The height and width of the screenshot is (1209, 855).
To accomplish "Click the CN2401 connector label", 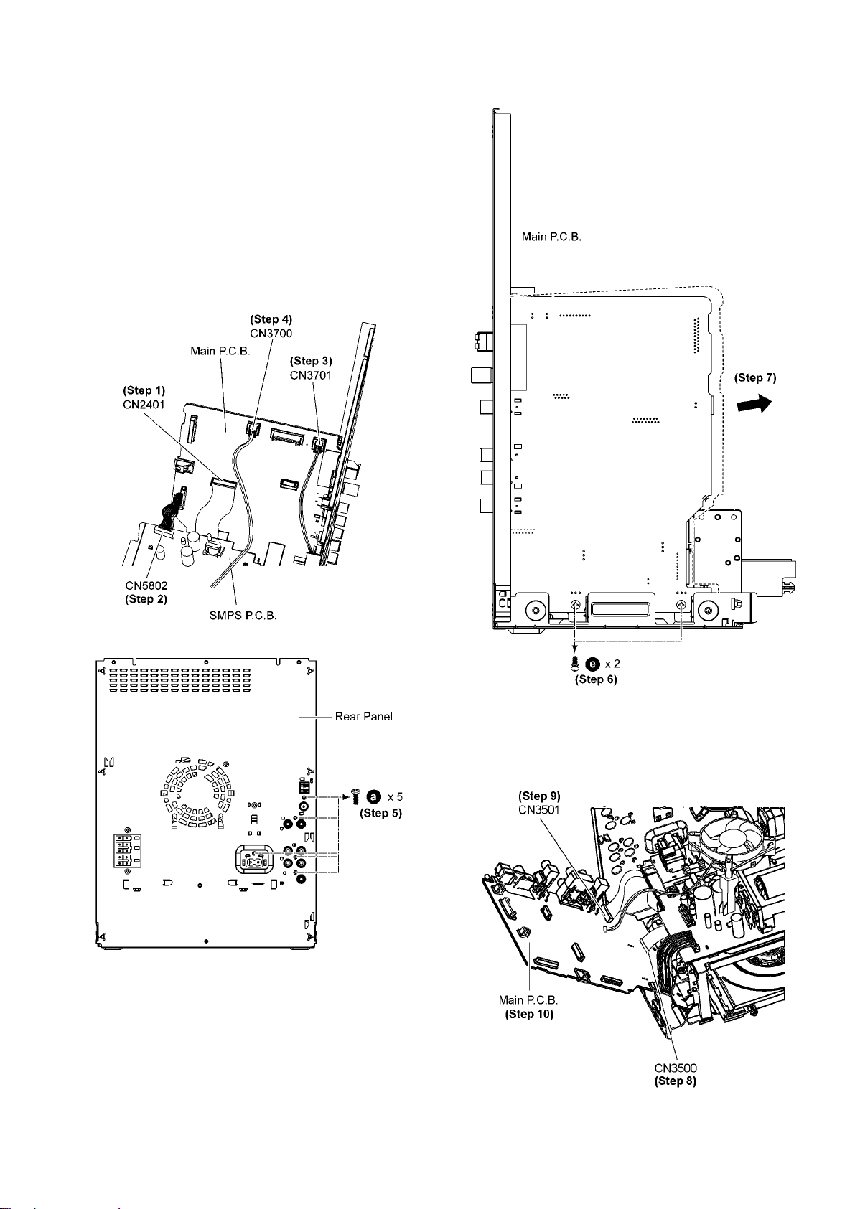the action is (x=144, y=404).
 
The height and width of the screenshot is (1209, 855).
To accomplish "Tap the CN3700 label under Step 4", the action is (x=271, y=333).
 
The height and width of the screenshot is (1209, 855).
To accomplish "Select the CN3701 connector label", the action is (x=311, y=375).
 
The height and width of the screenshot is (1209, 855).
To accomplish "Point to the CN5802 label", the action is (x=146, y=585).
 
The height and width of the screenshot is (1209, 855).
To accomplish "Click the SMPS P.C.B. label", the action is (x=243, y=616).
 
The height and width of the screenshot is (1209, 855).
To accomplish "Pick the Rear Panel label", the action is (x=363, y=716).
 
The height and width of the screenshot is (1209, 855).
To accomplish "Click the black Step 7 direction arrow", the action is (x=754, y=403).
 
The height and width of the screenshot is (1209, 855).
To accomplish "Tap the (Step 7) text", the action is (x=755, y=378).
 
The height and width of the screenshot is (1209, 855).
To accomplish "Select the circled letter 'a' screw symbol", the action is (x=374, y=796).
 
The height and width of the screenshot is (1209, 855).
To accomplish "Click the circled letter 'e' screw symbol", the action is (x=593, y=664).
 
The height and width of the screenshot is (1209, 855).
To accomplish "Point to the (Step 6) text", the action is (x=596, y=679).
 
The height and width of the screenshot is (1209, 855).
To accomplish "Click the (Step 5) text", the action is (x=380, y=813).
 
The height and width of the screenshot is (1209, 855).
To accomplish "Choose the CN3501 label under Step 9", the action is (x=539, y=809).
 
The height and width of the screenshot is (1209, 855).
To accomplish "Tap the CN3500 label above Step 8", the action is (x=676, y=1068).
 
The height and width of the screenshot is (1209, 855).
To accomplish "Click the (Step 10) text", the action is (x=529, y=1014).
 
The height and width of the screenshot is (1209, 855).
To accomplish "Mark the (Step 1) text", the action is (x=144, y=390).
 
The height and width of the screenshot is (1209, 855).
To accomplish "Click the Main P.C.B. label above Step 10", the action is (x=528, y=999).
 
